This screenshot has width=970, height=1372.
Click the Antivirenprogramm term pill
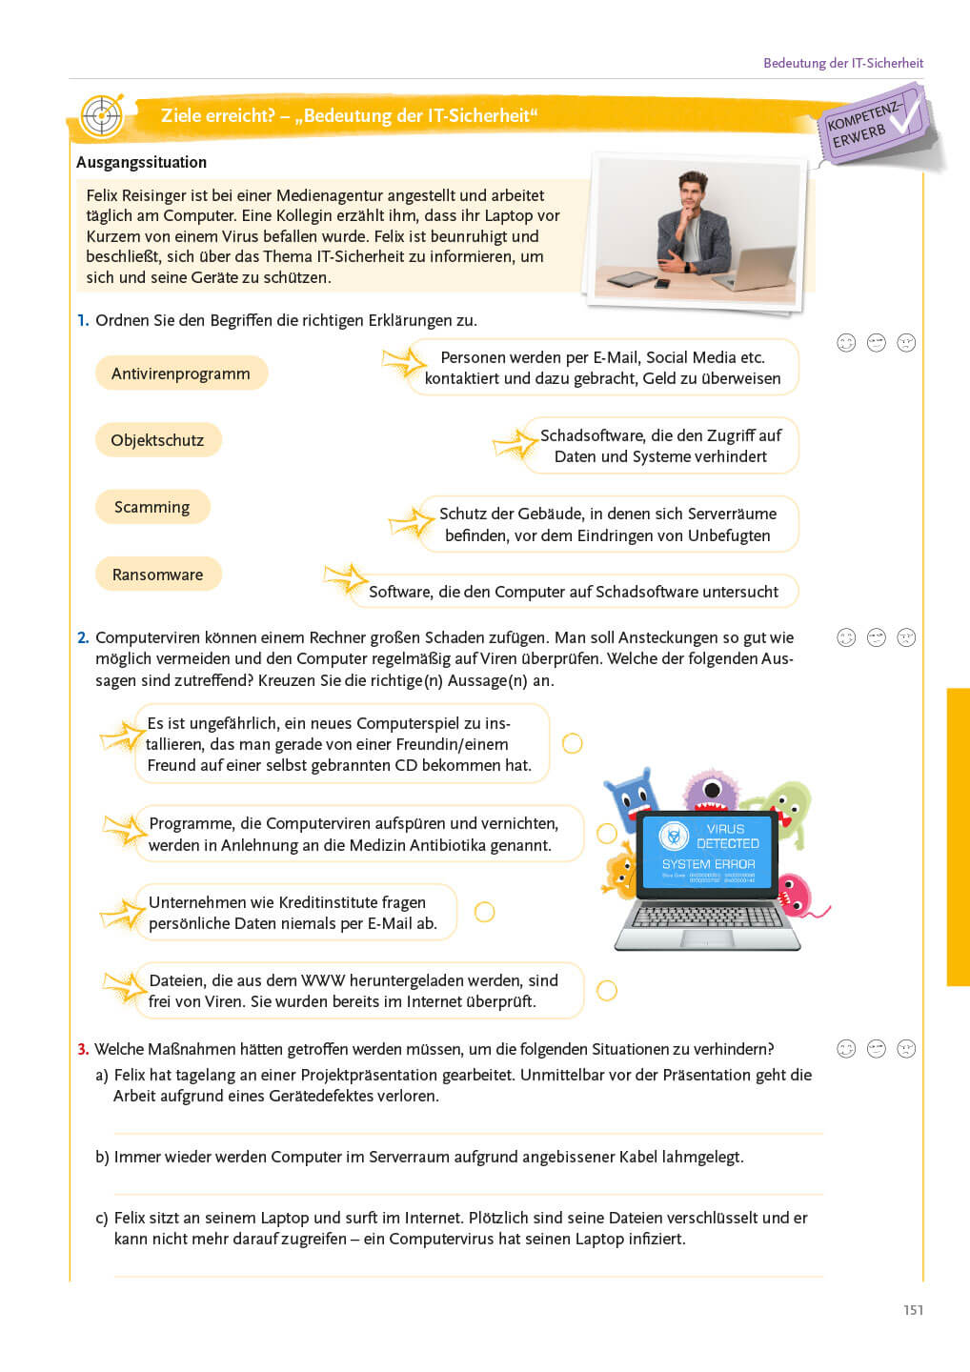click(181, 373)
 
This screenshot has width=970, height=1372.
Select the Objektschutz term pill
click(157, 440)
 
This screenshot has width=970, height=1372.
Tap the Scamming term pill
click(152, 507)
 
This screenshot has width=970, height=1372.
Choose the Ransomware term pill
click(157, 575)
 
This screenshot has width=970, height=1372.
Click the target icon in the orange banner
click(102, 116)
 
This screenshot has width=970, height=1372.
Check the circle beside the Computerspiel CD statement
click(572, 743)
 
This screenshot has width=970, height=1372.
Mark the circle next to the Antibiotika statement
click(606, 834)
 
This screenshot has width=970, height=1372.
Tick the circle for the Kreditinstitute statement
click(484, 912)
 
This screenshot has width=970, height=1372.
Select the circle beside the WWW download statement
click(606, 990)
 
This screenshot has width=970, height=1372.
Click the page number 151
click(913, 1310)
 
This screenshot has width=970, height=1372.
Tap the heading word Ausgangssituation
click(141, 162)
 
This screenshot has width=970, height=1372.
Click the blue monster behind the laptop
click(630, 796)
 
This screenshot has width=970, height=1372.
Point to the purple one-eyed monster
click(711, 790)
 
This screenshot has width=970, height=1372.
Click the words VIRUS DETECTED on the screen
click(727, 837)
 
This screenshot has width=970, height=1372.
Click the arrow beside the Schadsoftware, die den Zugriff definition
click(515, 444)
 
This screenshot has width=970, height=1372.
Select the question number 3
click(83, 1049)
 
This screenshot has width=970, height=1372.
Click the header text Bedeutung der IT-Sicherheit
click(842, 63)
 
